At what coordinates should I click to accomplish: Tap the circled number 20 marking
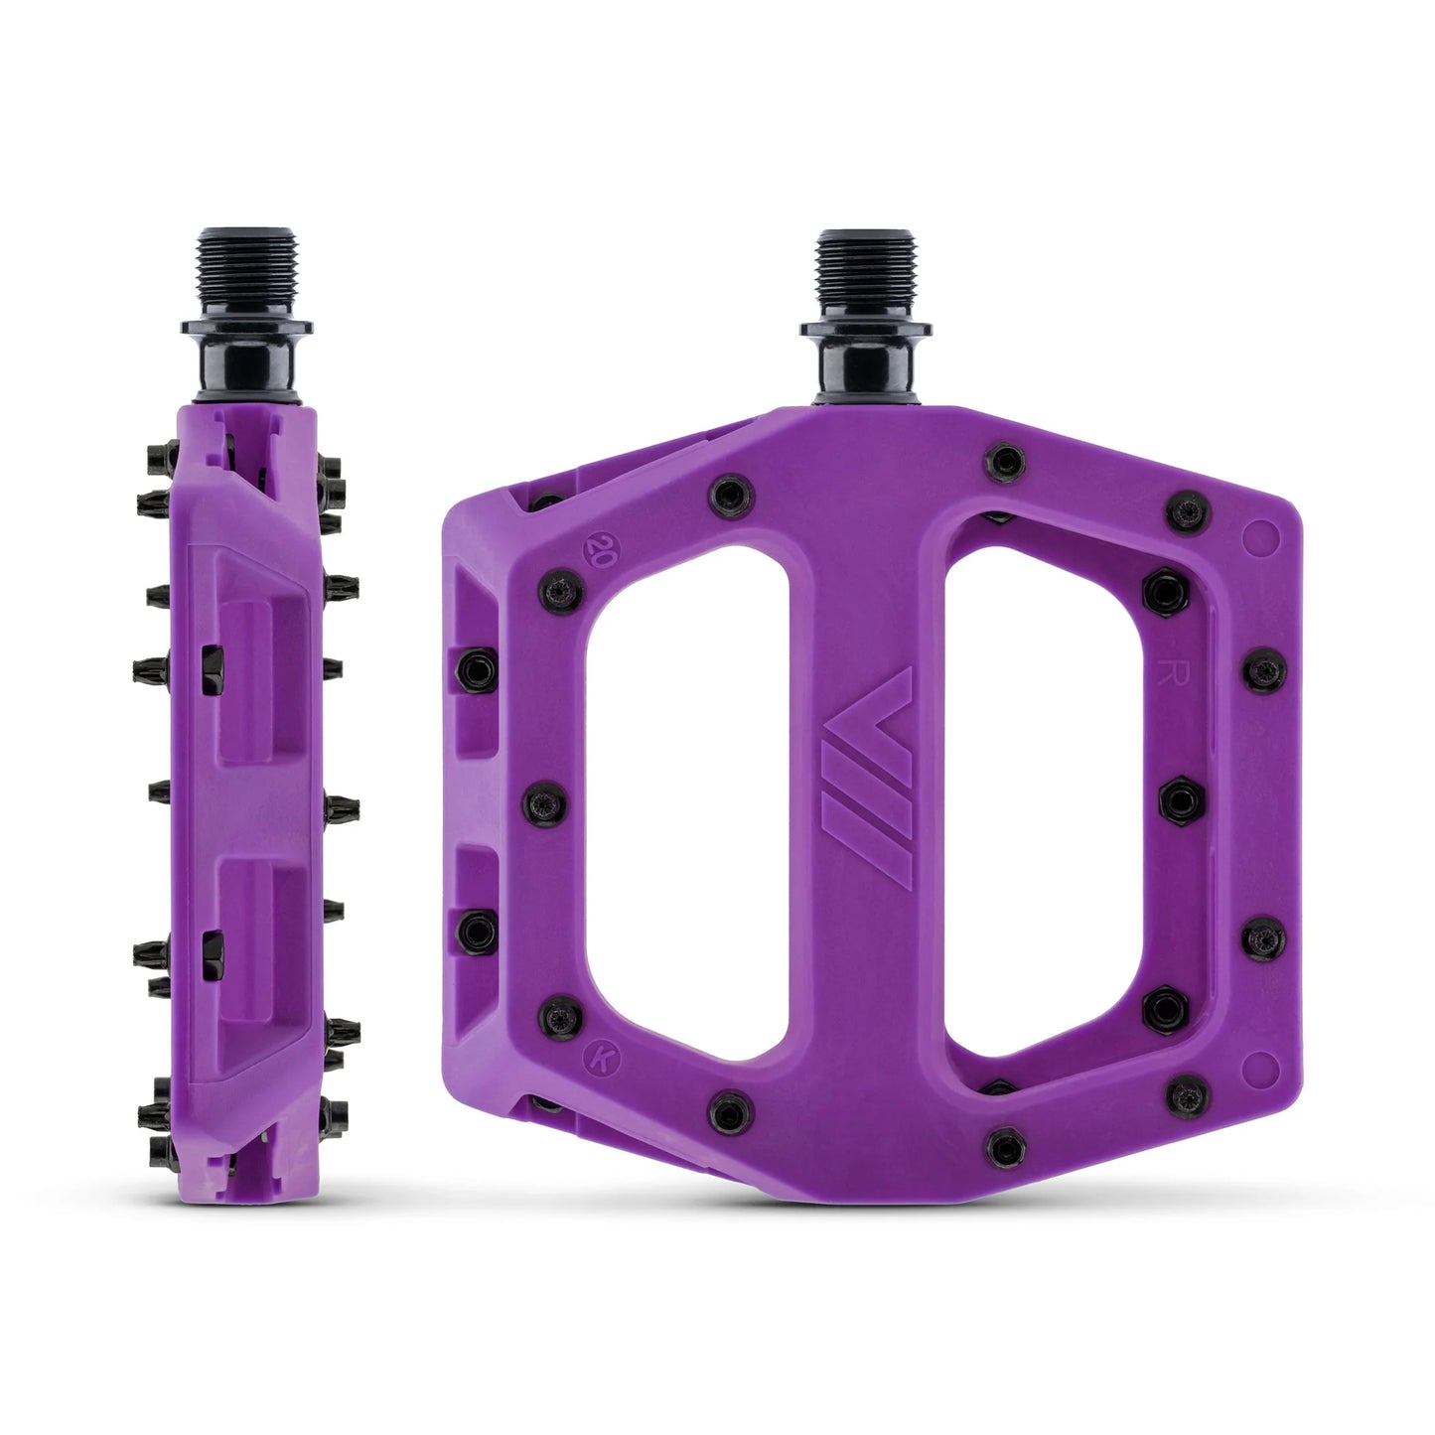coord(600,548)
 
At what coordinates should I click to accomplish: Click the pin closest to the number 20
coord(557,590)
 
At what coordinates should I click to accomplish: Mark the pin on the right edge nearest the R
coord(1264,671)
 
